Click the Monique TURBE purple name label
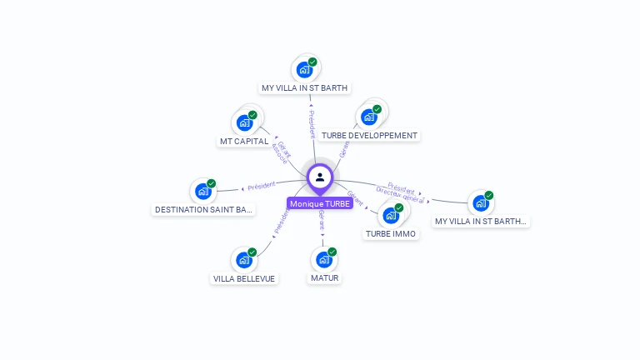click(319, 203)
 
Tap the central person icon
click(320, 177)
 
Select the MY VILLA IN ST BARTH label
click(305, 87)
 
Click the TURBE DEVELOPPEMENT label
click(369, 135)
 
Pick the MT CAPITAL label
click(244, 141)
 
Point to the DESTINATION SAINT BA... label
click(204, 209)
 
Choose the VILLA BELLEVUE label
click(244, 278)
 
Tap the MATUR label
click(324, 277)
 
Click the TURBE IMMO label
click(391, 234)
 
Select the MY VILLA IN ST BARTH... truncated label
click(481, 221)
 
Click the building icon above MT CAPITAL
click(245, 122)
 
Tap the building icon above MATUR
click(323, 259)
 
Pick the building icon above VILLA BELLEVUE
click(244, 260)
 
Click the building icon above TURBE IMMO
click(390, 215)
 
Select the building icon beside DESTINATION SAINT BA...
click(203, 191)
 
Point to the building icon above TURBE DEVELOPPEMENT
click(369, 117)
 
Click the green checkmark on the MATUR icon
click(332, 252)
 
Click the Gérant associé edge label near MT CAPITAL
click(281, 152)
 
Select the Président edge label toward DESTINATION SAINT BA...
click(260, 186)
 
